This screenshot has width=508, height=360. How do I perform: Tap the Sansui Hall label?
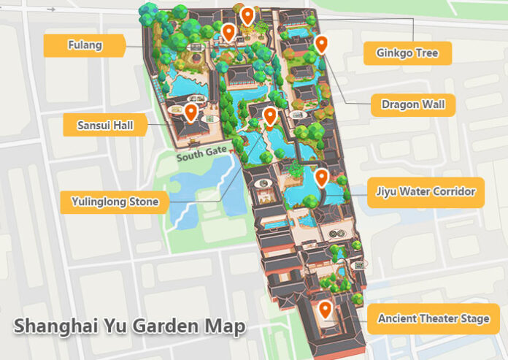click(105, 125)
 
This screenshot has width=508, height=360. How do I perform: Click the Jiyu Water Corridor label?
click(426, 192)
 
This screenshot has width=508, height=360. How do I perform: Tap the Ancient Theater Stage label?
click(434, 318)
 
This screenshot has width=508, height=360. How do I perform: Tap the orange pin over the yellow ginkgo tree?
click(247, 15)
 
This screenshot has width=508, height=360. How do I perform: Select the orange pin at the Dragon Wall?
click(321, 45)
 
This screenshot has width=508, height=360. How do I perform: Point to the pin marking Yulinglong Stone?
click(269, 116)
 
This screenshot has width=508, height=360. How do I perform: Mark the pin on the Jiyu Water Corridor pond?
click(320, 177)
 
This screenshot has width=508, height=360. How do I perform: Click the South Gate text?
click(201, 156)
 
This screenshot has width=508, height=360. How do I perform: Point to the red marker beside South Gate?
click(232, 150)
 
